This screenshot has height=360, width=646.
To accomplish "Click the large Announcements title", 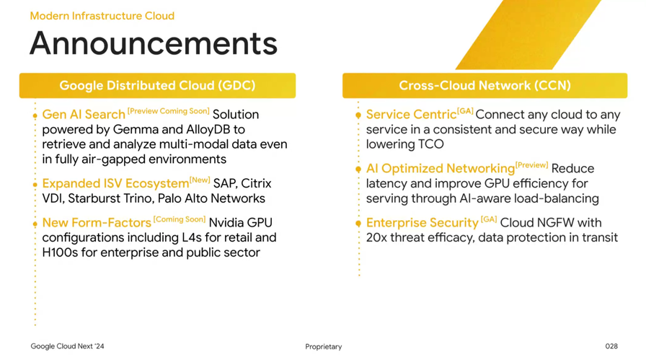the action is pos(154,43).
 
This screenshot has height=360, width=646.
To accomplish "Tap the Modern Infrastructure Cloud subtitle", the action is pos(102,16).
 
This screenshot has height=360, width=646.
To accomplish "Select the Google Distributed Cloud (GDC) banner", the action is pos(157,85).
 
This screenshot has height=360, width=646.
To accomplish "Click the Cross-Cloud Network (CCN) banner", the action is pos(485,85).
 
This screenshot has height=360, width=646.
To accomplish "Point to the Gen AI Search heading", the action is pos(84,114).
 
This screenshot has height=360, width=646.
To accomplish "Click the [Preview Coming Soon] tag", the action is pos(169,111).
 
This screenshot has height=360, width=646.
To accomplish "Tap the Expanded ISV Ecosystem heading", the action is pos(115,183).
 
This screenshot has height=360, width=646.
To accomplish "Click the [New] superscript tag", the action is pos(200,180).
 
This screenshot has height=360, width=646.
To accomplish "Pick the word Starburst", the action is pos(91,198).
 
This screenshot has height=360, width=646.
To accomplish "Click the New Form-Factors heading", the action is pos(97,223).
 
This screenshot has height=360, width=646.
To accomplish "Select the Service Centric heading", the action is pos(411,114).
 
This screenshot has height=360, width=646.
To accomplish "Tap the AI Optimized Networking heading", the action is pos(441,168).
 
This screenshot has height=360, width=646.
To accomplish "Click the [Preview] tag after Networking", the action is pos(532,165).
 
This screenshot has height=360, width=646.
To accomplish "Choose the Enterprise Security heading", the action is pos(422,223).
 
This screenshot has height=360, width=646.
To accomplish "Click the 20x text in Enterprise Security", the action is pos(376,237).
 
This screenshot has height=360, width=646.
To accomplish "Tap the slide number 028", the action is pos(611,346).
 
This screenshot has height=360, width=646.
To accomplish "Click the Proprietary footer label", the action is pos(324,347).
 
